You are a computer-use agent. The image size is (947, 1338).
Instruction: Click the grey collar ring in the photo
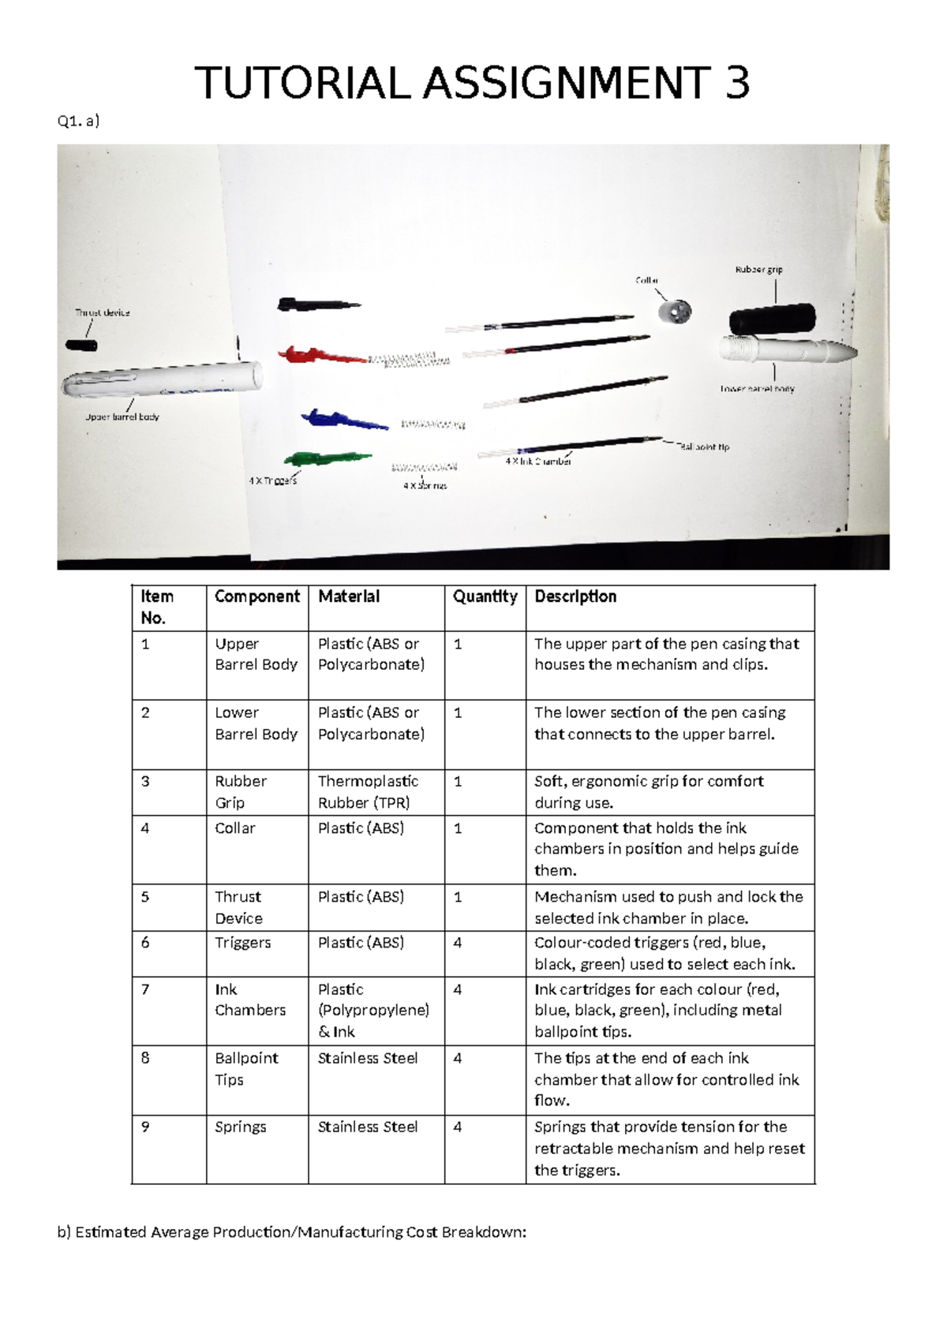coord(676,311)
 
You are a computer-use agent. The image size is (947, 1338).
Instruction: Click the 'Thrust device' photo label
coord(103,312)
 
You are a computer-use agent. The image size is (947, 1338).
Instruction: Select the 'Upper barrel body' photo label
coord(122,417)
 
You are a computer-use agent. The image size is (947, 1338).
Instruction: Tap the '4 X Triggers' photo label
coord(272,480)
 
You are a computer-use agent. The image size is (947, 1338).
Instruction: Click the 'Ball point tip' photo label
coord(704,447)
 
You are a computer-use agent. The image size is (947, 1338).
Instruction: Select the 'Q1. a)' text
coord(78,121)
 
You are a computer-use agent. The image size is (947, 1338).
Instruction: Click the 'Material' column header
coord(349,597)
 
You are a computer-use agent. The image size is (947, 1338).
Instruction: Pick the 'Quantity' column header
coord(485,597)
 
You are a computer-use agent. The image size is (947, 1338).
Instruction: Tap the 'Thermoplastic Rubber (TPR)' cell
coord(368,791)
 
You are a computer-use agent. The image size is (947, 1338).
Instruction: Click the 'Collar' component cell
coord(235,828)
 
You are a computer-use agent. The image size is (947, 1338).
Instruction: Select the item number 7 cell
coord(145,989)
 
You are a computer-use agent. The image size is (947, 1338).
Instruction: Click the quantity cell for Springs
coord(458,1127)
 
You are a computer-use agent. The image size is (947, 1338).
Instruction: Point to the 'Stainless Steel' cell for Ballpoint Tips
coord(368,1059)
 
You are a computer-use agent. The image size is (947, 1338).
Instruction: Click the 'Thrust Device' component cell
coord(238,907)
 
